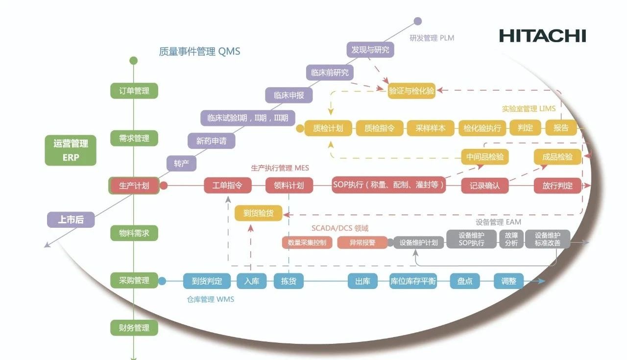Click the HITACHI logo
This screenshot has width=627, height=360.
[542, 36]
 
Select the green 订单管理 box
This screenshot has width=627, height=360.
[134, 91]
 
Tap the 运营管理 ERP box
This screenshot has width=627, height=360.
[71, 150]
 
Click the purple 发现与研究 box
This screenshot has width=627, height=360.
[370, 49]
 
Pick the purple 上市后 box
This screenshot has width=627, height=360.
[71, 220]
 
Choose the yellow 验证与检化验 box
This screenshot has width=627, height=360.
[411, 91]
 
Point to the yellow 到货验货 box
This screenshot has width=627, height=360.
[258, 213]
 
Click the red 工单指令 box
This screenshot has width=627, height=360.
[227, 186]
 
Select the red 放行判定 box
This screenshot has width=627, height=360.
[557, 186]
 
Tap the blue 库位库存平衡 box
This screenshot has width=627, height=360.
[412, 281]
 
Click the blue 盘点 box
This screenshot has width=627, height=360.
[465, 281]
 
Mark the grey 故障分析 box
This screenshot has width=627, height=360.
[511, 239]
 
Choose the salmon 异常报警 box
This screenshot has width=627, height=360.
[362, 242]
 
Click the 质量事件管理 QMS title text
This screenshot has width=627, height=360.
[199, 51]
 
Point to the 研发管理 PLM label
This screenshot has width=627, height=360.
[432, 38]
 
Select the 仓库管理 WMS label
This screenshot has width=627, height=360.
[210, 299]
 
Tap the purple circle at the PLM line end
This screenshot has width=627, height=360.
[417, 21]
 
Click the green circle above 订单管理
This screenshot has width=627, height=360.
[133, 61]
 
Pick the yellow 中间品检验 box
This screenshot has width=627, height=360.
[484, 157]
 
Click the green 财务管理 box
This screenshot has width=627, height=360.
[134, 328]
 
